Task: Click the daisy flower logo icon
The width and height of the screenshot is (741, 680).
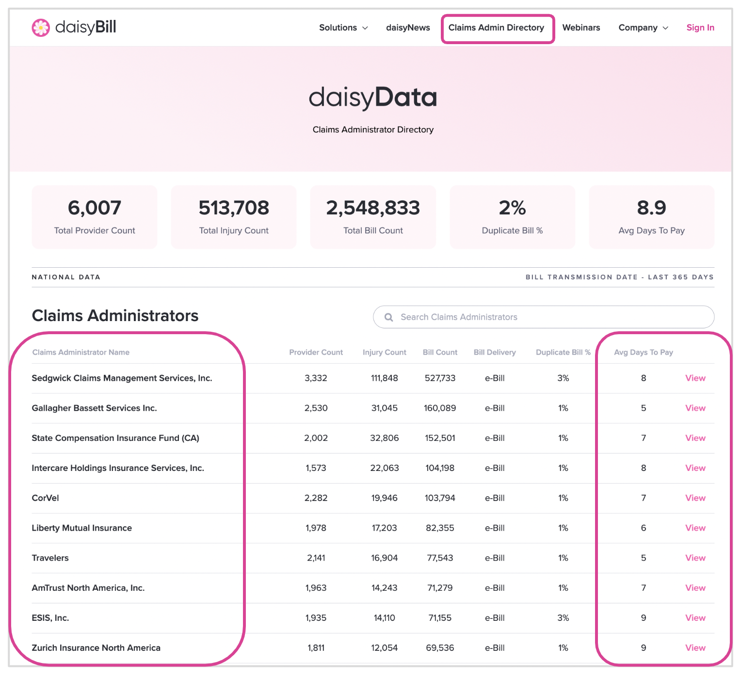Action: tap(41, 28)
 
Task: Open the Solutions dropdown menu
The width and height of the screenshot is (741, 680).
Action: tap(343, 28)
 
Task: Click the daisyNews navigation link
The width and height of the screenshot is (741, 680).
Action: tap(408, 28)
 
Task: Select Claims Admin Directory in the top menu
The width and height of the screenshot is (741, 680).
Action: tap(496, 28)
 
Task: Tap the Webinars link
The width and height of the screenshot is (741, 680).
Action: tap(581, 28)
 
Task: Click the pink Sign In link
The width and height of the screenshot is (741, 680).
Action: tap(700, 28)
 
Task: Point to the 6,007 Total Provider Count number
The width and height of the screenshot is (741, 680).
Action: tap(94, 208)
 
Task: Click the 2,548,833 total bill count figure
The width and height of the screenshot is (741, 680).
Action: tap(373, 208)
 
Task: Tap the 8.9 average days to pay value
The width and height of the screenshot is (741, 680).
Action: tap(651, 208)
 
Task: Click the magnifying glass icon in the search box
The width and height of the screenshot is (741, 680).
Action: tap(388, 317)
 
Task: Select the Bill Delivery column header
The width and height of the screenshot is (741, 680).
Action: tap(495, 352)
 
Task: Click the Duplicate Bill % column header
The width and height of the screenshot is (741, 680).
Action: tap(563, 352)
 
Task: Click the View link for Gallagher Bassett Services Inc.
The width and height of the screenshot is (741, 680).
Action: tap(695, 408)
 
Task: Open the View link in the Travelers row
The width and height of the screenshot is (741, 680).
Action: tap(695, 558)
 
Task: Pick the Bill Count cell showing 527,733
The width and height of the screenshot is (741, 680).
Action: tap(440, 378)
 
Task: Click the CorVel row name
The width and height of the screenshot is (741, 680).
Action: tap(45, 498)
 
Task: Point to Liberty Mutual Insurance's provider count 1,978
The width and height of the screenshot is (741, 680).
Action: tap(316, 528)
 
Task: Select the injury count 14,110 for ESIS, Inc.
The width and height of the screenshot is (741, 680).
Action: tap(384, 617)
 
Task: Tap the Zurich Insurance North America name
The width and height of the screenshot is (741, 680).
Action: tap(96, 648)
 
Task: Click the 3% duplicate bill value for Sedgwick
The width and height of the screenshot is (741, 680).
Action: tap(563, 378)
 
